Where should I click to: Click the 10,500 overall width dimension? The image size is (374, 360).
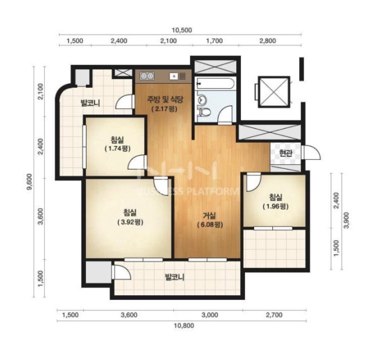coord(182,30)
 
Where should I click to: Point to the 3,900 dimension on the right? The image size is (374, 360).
coord(346,220)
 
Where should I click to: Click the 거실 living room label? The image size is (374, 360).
coord(209,216)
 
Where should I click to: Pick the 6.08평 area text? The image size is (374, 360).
coord(210,225)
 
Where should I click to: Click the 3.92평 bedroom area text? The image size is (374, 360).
coord(130,222)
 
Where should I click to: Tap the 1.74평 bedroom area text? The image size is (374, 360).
coord(117,149)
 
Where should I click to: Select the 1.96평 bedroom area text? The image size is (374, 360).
coord(276,206)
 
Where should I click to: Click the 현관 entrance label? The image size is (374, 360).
coord(286,153)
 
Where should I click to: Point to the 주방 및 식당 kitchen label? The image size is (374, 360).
coord(165,99)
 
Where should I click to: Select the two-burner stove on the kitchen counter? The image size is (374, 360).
coord(147,76)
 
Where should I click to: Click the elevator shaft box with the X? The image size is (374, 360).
coord(274,92)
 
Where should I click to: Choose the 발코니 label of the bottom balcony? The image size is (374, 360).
coord(174,277)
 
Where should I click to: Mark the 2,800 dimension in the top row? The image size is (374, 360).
coord(268,41)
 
